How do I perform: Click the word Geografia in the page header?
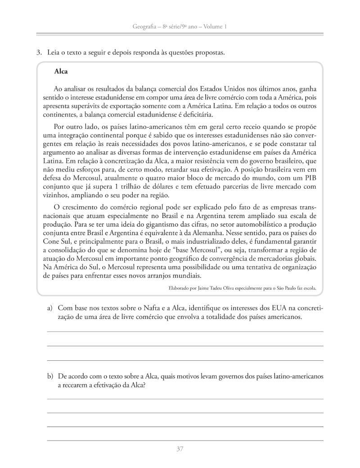145,27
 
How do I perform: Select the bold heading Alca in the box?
60,71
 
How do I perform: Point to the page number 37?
180,449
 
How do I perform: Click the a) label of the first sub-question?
50,309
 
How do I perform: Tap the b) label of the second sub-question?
50,376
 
